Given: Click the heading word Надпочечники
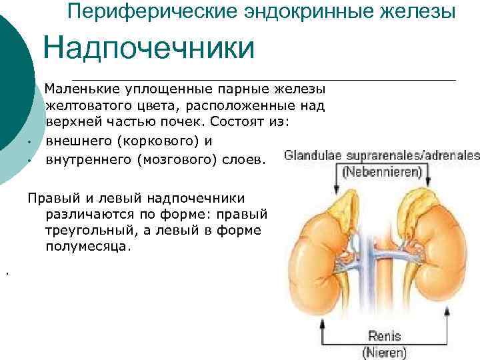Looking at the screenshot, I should [x=149, y=49].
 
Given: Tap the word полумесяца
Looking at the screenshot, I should [x=89, y=246].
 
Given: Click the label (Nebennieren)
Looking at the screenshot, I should [x=382, y=172].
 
